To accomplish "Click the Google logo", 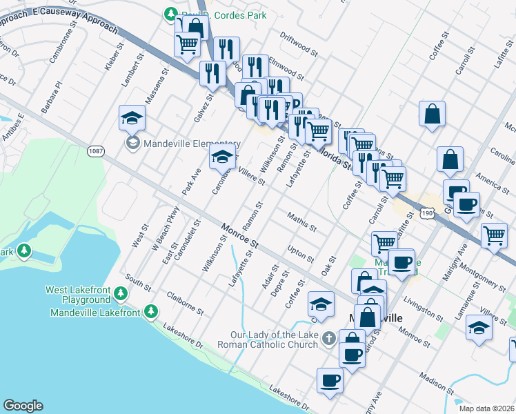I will pyautogui.click(x=23, y=406).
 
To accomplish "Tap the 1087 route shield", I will pyautogui.click(x=95, y=150).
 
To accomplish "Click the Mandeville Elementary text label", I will pyautogui.click(x=182, y=144).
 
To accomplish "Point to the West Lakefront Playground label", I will pyautogui.click(x=77, y=295).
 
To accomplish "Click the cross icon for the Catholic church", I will pyautogui.click(x=330, y=338).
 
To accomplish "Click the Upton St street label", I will pyautogui.click(x=300, y=255).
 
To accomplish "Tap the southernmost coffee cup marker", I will pyautogui.click(x=330, y=379).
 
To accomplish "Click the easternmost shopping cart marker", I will pyautogui.click(x=495, y=235).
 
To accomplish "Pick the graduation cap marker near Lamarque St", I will pyautogui.click(x=479, y=327).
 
